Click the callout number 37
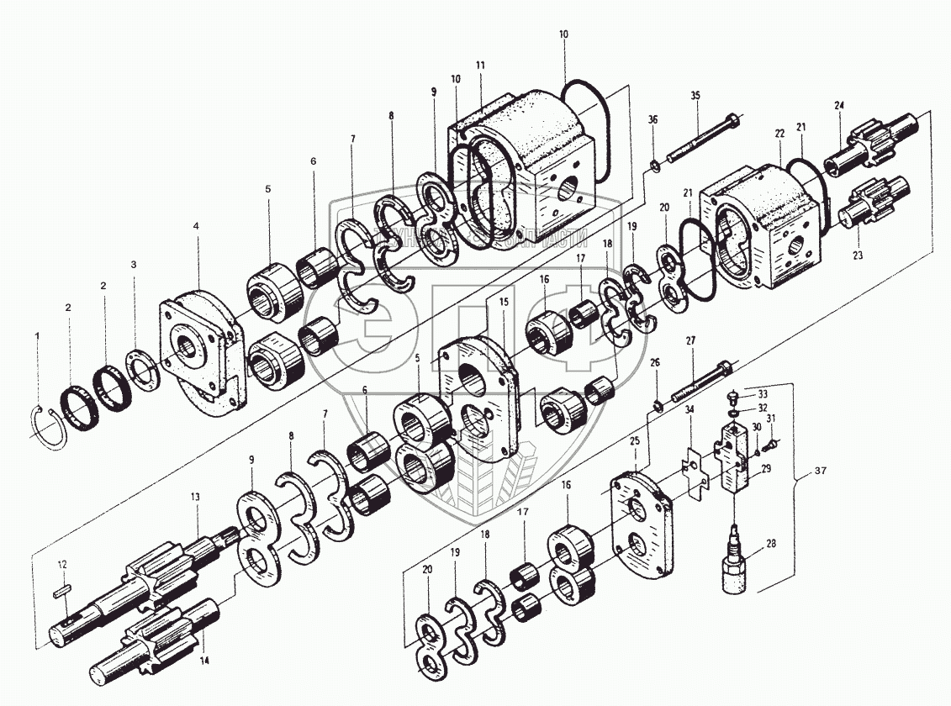(x=821, y=471)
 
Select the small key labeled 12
(x=63, y=590)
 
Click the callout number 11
(x=480, y=64)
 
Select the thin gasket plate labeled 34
(x=694, y=472)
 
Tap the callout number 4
(x=196, y=226)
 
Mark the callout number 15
(x=504, y=301)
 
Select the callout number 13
(x=195, y=498)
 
